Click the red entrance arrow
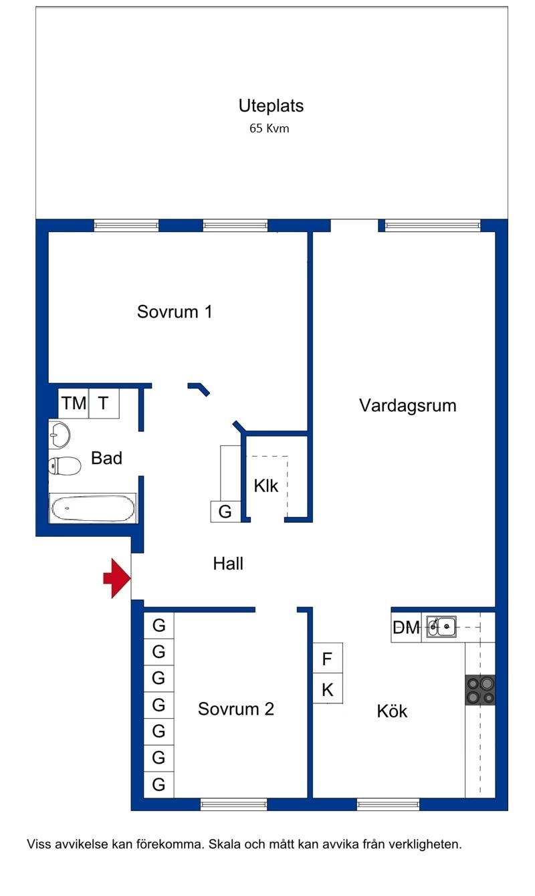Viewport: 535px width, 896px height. [117, 578]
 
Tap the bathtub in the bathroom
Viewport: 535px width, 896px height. [93, 508]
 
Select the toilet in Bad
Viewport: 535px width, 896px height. [64, 465]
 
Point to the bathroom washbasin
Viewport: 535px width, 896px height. [60, 435]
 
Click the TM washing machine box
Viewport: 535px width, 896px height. [74, 403]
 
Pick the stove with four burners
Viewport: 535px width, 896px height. [480, 690]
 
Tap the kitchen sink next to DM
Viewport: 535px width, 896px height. [441, 627]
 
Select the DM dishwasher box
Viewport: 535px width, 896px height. [406, 627]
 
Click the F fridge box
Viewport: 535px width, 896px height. [328, 659]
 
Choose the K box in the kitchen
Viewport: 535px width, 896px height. [328, 689]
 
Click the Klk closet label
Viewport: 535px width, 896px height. [266, 486]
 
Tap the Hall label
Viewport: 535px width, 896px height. [228, 564]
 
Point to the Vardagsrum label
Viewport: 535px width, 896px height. [408, 406]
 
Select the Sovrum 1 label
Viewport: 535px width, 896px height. [175, 312]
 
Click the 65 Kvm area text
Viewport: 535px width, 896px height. [270, 128]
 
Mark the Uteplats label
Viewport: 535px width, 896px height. [272, 106]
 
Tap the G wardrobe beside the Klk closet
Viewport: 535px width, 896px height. [225, 512]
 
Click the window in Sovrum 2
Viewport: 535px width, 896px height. [233, 804]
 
